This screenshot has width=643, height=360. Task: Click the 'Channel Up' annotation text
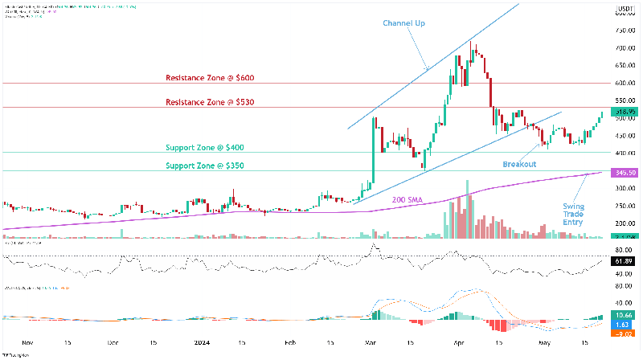pos(403,23)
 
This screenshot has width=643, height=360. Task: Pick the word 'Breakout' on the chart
pos(519,164)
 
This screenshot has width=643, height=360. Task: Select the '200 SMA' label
pos(408,198)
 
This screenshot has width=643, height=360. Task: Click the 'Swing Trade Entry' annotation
pos(573,214)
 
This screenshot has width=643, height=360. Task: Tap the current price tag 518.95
pos(625,111)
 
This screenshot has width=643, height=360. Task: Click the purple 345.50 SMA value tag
pos(625,173)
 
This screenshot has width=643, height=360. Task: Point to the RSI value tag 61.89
pos(625,262)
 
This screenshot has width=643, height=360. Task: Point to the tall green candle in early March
pos(374,153)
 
